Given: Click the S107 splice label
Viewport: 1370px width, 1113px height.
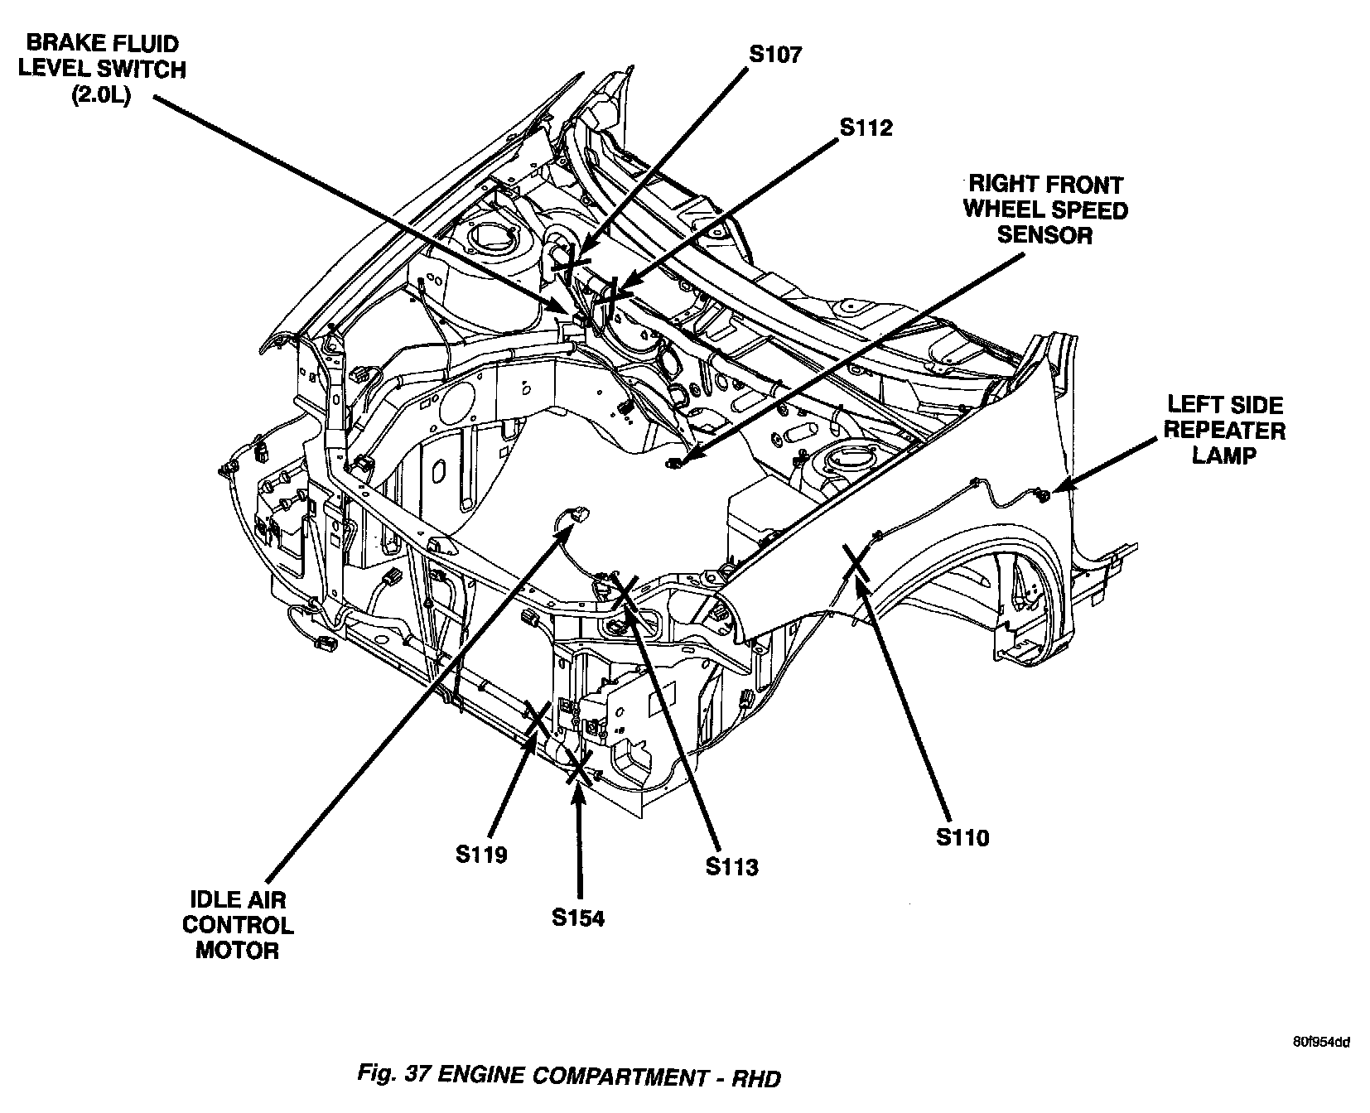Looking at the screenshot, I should [x=775, y=55].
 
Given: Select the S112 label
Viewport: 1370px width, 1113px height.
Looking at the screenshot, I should [x=866, y=128].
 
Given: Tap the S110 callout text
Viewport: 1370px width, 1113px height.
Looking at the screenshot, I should [x=962, y=838].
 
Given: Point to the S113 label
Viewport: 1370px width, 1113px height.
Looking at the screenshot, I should [x=732, y=867].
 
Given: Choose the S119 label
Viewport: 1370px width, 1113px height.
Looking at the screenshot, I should [x=481, y=854].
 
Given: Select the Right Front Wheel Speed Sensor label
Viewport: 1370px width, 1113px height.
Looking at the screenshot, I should [x=1045, y=210].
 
